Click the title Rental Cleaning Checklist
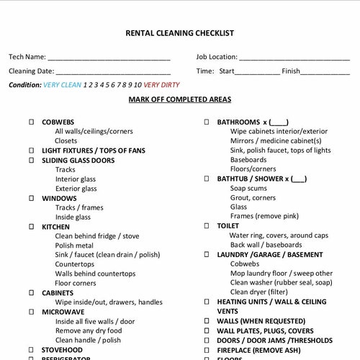(179, 33)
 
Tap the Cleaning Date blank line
(113, 72)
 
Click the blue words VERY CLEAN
(62, 85)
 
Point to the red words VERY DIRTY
(161, 85)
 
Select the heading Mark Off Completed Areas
(181, 99)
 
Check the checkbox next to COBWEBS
(31, 122)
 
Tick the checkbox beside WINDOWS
(31, 198)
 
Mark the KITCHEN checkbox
(31, 227)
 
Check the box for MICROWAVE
(31, 312)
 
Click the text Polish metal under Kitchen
(74, 246)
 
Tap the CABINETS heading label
(58, 293)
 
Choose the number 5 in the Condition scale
(107, 85)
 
